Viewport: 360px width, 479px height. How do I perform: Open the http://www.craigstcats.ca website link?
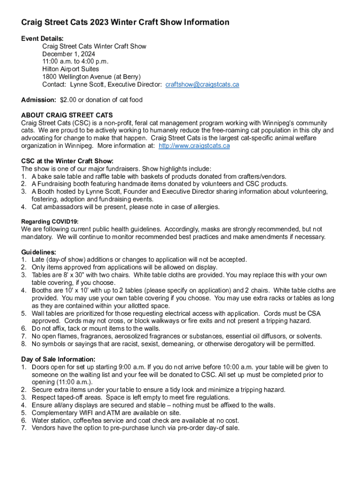tap(194, 145)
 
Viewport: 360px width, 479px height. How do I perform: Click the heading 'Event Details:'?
tap(43, 38)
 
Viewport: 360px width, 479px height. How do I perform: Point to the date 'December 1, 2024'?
tap(69, 54)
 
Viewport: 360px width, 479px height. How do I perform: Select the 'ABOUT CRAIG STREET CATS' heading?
tap(67, 115)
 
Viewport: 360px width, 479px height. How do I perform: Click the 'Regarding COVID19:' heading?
tap(50, 221)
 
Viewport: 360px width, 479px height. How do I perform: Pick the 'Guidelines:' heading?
tap(39, 252)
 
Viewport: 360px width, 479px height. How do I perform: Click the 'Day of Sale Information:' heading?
tap(58, 359)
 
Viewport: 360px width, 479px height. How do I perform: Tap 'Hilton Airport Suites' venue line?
tap(71, 69)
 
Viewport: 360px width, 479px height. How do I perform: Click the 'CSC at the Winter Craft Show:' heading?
tap(67, 161)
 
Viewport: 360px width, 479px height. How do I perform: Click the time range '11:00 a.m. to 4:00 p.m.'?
tap(75, 62)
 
